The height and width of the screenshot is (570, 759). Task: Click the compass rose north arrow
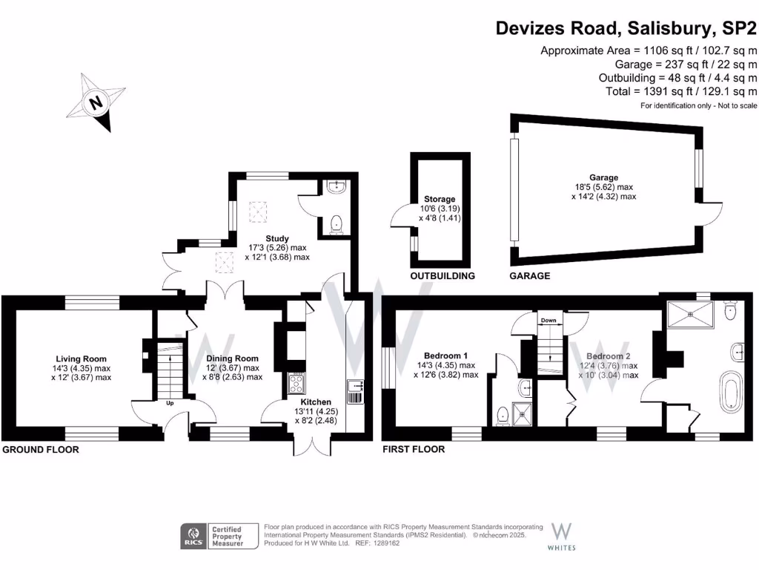pos(96,103)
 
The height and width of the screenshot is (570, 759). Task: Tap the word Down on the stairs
pos(548,321)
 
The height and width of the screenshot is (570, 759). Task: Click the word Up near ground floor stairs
pos(170,404)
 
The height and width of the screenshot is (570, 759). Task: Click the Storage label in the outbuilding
pos(440,200)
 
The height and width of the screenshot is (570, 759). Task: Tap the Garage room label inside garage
pos(604,177)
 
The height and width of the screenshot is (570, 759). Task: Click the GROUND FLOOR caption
pos(41,450)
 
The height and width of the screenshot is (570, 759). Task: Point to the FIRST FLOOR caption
pos(414,450)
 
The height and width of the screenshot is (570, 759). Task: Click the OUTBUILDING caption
pos(443,276)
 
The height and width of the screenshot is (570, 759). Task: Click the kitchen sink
pos(354,385)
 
